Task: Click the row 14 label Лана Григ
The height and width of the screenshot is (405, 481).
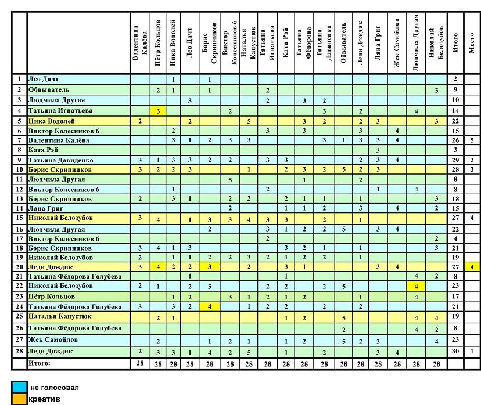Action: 46,208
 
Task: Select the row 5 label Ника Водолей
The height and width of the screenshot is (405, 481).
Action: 52,121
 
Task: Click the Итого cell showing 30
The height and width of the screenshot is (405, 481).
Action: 455,352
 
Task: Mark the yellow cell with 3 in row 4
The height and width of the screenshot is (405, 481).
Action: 157,110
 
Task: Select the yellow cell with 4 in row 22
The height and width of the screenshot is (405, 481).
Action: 416,286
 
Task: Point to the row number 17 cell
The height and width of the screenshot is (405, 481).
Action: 19,238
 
